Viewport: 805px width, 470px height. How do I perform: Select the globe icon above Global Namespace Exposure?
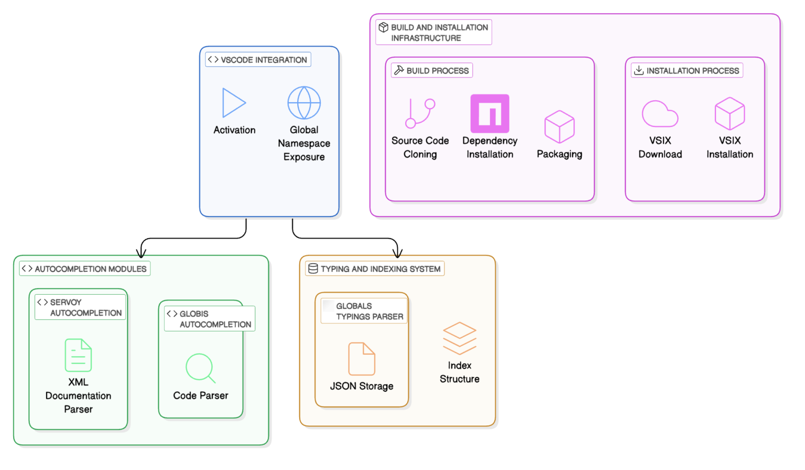pos(304,103)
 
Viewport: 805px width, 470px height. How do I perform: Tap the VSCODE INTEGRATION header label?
pos(258,60)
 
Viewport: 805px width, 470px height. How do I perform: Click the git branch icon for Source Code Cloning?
pos(420,113)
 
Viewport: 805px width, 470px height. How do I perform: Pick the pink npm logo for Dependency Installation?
pos(489,113)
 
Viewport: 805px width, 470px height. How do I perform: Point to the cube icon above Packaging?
pos(559,126)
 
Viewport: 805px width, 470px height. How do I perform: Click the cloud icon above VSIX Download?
pos(660,114)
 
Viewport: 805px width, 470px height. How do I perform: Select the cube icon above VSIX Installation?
pos(730,114)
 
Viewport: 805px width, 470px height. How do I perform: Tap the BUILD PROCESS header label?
pos(432,70)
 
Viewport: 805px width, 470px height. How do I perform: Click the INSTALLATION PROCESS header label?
pos(687,70)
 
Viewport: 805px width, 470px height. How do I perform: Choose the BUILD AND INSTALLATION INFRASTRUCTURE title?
pos(434,33)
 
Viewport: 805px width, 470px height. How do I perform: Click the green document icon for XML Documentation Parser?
pos(78,355)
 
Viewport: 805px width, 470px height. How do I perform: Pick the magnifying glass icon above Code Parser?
pos(200,368)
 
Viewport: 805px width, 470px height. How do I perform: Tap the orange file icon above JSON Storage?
pos(362,359)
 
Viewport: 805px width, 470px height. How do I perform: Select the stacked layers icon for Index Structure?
pos(460,338)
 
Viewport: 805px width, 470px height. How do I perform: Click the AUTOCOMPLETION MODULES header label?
pos(85,269)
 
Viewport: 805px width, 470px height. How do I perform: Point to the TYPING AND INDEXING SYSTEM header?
pos(375,269)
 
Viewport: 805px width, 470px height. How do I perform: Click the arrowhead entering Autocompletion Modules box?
pos(141,253)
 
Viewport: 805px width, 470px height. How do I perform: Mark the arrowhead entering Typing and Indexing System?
pos(398,253)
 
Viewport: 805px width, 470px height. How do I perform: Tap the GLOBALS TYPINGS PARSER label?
pos(364,311)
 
